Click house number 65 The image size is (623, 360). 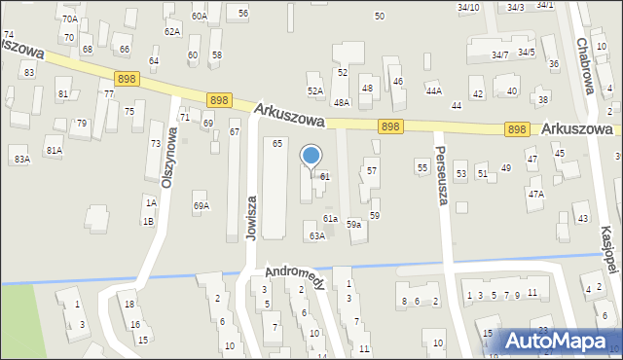point(277,144)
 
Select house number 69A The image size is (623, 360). point(202,206)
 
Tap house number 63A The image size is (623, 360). point(316,236)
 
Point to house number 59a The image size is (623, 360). point(355,225)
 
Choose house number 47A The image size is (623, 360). point(536,194)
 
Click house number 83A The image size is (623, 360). point(21,159)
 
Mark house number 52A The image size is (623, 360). point(315,90)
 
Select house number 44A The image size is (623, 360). point(434,90)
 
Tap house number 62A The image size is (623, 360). point(172,32)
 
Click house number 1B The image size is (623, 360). point(149,222)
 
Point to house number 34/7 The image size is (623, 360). point(500,54)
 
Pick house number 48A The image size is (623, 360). point(342,102)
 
